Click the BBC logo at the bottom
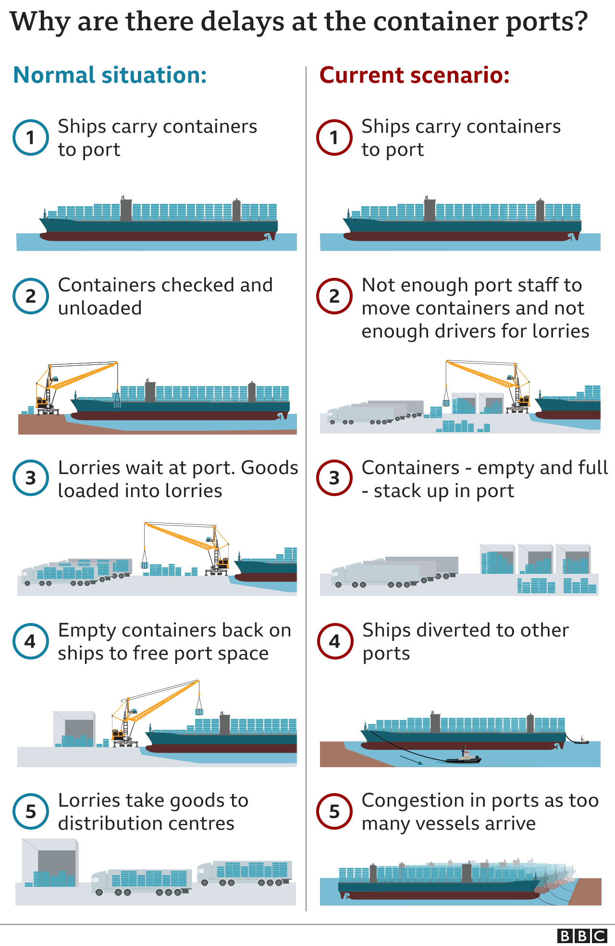pos(582,936)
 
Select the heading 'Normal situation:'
pos(110,75)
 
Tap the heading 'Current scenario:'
pos(414,75)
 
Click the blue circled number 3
pos(31,478)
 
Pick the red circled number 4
pos(335,641)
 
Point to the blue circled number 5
pos(31,811)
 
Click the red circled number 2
pos(334,296)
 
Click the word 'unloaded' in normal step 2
pos(100,309)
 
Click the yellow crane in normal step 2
pos(77,380)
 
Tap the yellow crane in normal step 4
pos(154,707)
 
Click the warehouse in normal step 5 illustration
pos(50,863)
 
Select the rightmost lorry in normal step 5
pos(245,872)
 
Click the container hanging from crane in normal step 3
pos(145,564)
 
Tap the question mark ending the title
pos(580,22)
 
